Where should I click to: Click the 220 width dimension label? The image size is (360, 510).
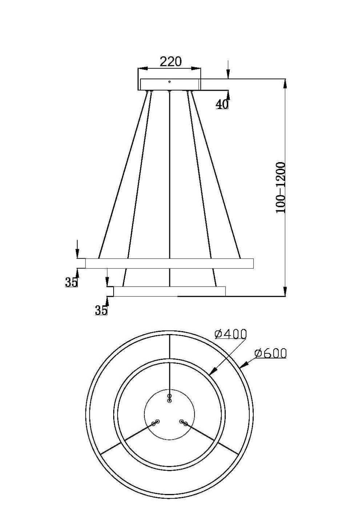(x=170, y=61)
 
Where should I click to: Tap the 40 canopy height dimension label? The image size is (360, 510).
(x=222, y=104)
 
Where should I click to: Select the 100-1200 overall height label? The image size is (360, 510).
(x=281, y=188)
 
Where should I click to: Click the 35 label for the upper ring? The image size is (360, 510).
(x=71, y=282)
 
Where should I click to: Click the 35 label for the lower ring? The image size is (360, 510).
(x=101, y=310)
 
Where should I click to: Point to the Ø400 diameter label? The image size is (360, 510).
(x=231, y=333)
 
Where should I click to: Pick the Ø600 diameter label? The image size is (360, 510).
(x=270, y=353)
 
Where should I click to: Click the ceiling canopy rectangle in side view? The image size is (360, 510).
(x=169, y=85)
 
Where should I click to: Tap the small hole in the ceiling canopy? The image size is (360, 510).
(x=169, y=82)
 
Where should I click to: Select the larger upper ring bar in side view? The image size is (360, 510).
(x=169, y=263)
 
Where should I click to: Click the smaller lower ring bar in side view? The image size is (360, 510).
(x=169, y=291)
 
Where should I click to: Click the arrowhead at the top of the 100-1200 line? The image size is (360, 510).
(x=285, y=83)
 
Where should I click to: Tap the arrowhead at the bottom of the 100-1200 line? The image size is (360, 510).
(x=285, y=291)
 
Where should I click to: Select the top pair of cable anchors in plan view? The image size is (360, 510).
(x=169, y=398)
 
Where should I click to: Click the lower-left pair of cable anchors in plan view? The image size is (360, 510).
(x=155, y=423)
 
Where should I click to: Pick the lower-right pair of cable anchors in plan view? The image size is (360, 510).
(x=183, y=423)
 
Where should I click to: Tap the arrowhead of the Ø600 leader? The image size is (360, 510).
(x=244, y=364)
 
